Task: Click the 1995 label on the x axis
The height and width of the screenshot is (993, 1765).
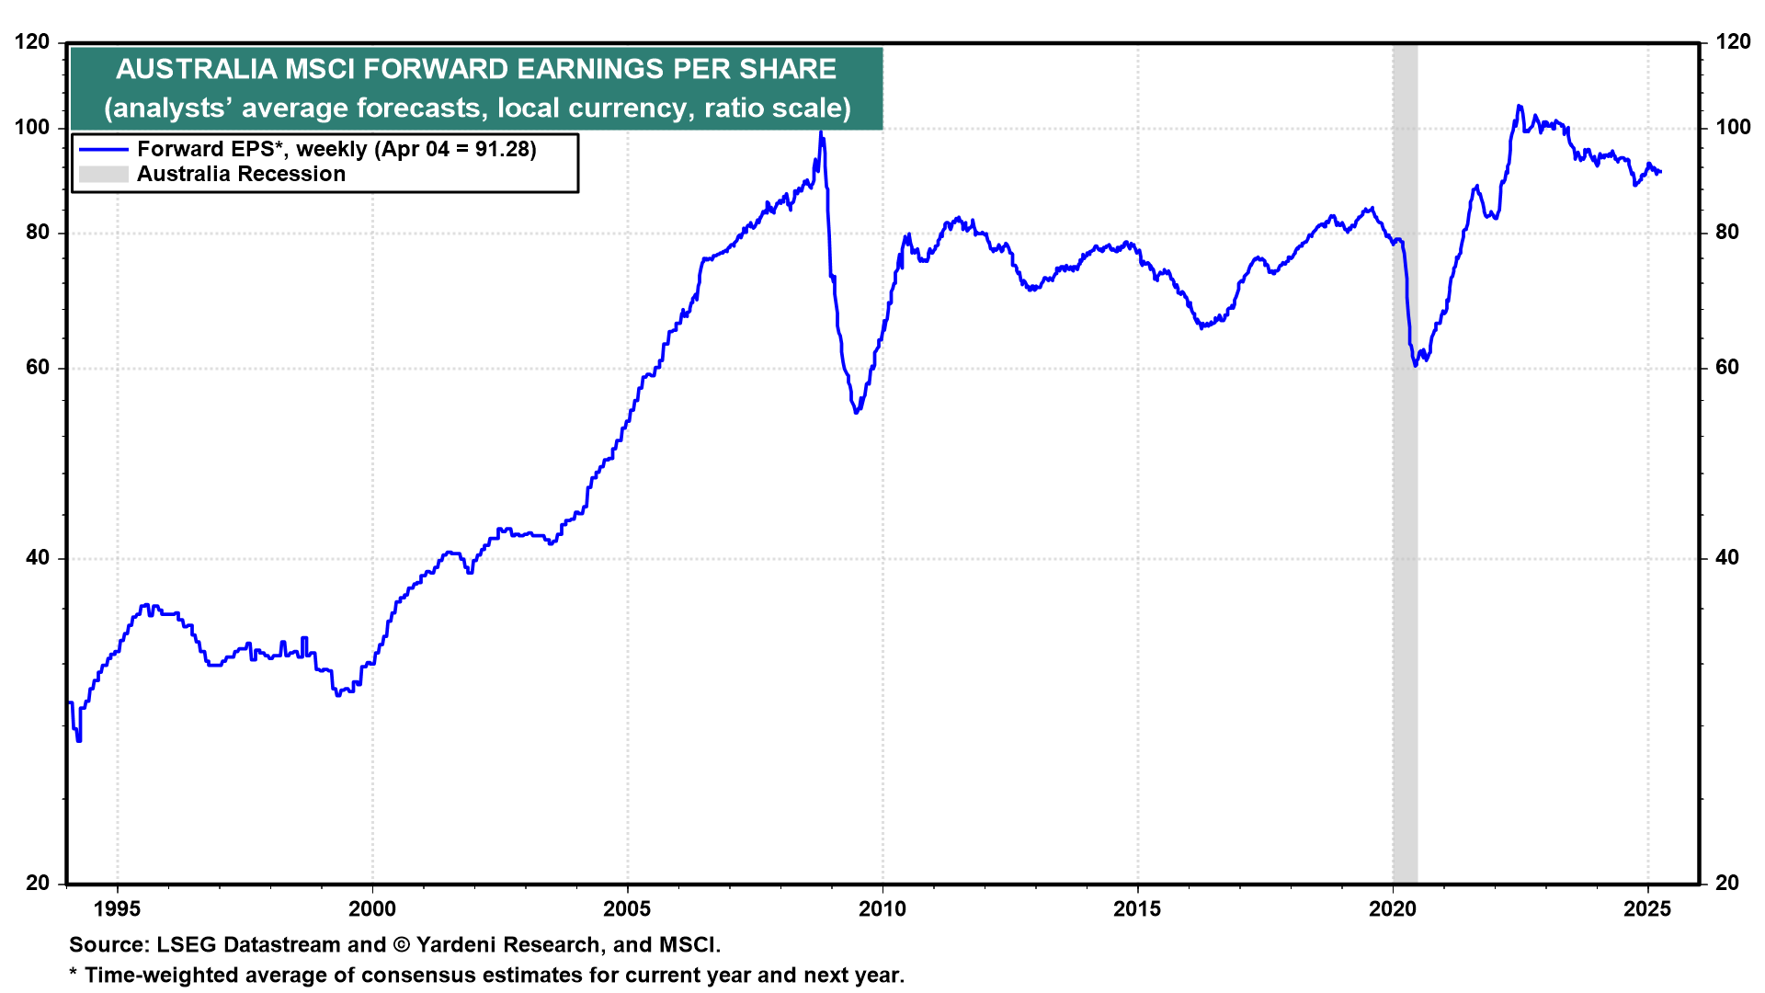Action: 117,909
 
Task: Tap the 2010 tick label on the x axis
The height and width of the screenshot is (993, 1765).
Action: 882,909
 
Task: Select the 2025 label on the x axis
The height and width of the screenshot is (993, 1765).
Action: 1647,909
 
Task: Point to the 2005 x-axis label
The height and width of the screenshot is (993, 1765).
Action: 627,909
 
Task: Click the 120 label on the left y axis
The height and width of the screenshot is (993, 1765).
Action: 32,42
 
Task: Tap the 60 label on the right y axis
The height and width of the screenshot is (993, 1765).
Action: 1727,368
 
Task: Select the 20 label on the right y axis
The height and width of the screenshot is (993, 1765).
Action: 1727,883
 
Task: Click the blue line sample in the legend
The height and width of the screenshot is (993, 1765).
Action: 103,149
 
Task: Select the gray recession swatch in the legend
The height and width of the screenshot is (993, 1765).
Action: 103,174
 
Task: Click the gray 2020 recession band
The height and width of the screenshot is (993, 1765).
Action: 1405,552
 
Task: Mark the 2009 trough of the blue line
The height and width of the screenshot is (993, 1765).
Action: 857,412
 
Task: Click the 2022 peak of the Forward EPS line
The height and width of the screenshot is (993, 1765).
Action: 1519,106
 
